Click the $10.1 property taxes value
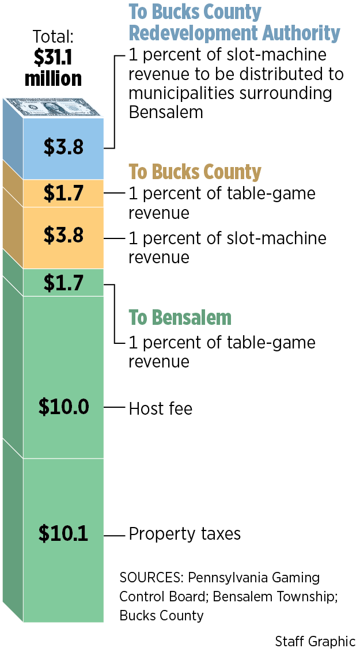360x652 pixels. [63, 533]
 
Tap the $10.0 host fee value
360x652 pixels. [63, 407]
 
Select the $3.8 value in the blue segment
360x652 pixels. [63, 147]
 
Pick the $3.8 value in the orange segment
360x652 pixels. [63, 235]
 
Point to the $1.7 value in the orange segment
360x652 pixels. [63, 193]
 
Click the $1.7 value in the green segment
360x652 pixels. [63, 283]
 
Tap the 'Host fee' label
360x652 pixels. [160, 409]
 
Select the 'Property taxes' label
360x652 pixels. [184, 534]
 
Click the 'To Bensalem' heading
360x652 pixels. [180, 317]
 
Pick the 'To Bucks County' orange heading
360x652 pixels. [195, 172]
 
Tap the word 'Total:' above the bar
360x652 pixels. [53, 38]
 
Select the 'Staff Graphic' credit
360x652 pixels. [315, 641]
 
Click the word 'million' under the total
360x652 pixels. [53, 78]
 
